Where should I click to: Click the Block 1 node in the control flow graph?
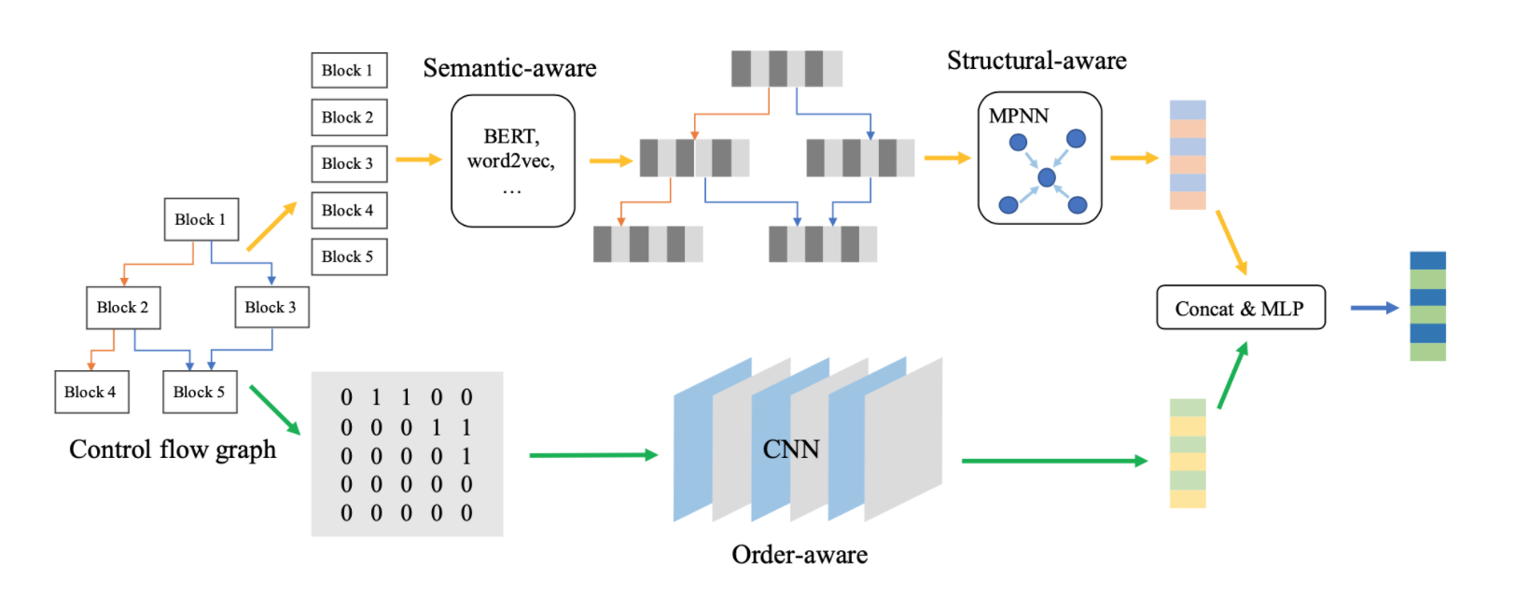pyautogui.click(x=201, y=219)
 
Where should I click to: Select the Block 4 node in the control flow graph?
pyautogui.click(x=91, y=392)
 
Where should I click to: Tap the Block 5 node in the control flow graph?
pyautogui.click(x=199, y=392)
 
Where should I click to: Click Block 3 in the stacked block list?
pyautogui.click(x=348, y=163)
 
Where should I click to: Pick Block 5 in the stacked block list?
pyautogui.click(x=348, y=256)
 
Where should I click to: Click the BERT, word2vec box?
pyautogui.click(x=512, y=160)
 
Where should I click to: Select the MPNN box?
pyautogui.click(x=1039, y=158)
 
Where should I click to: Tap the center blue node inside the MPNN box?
pyautogui.click(x=1047, y=177)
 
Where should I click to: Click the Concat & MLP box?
pyautogui.click(x=1240, y=308)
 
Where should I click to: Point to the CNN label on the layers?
pyautogui.click(x=790, y=450)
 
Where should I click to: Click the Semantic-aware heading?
pyautogui.click(x=509, y=68)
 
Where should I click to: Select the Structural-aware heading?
pyautogui.click(x=1036, y=61)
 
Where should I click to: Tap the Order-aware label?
pyautogui.click(x=800, y=555)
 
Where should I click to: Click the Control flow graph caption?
pyautogui.click(x=173, y=450)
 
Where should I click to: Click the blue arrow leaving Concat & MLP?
pyautogui.click(x=1373, y=308)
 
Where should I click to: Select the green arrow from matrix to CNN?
pyautogui.click(x=592, y=455)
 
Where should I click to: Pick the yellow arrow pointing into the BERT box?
pyautogui.click(x=418, y=159)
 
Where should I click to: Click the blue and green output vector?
pyautogui.click(x=1427, y=306)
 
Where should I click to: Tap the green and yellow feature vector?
pyautogui.click(x=1188, y=453)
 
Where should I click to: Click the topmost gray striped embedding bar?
pyautogui.click(x=786, y=69)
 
